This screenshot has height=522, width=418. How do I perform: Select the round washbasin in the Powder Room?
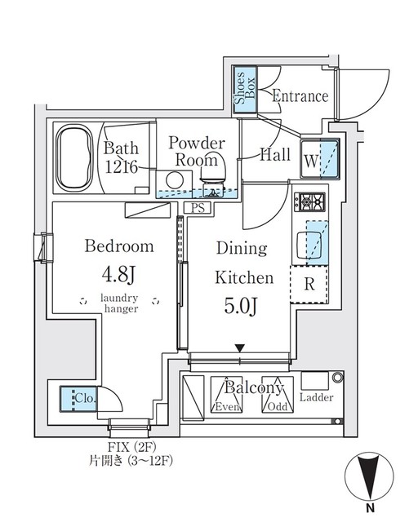tap(174, 180)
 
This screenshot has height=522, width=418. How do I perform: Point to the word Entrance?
tap(300, 96)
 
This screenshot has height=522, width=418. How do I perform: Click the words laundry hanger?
tap(120, 303)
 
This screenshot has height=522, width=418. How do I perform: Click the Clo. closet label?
tap(82, 399)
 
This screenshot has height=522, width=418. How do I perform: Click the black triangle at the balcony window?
tap(239, 348)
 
